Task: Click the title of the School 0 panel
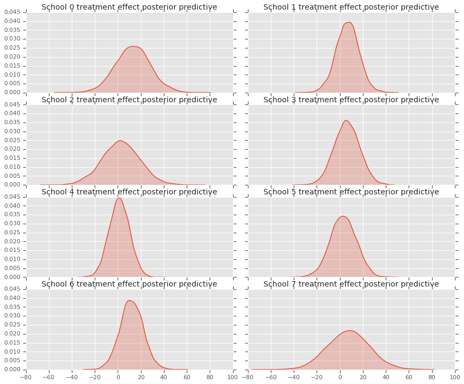(129, 7)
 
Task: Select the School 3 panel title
(351, 100)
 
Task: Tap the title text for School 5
(351, 192)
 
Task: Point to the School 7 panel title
(351, 284)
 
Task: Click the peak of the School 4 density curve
(119, 198)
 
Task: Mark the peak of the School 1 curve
(349, 22)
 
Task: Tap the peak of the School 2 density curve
(120, 141)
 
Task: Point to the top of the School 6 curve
(129, 300)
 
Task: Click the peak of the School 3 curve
(346, 120)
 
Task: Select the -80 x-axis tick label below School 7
(247, 377)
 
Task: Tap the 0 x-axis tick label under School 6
(118, 377)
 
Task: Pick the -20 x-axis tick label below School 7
(317, 377)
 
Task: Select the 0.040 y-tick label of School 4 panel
(13, 206)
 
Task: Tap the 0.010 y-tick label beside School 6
(13, 352)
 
